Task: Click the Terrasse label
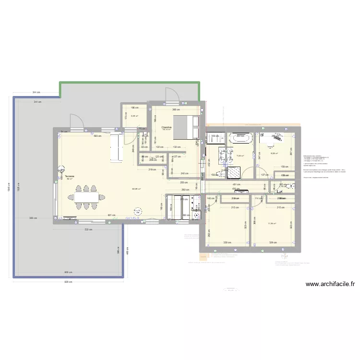click(70, 176)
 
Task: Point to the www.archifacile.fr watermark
click(330, 284)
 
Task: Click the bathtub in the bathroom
click(242, 139)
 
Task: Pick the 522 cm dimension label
click(88, 229)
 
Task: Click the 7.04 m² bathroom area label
click(240, 156)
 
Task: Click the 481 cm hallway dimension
click(236, 184)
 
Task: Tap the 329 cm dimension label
click(273, 243)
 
